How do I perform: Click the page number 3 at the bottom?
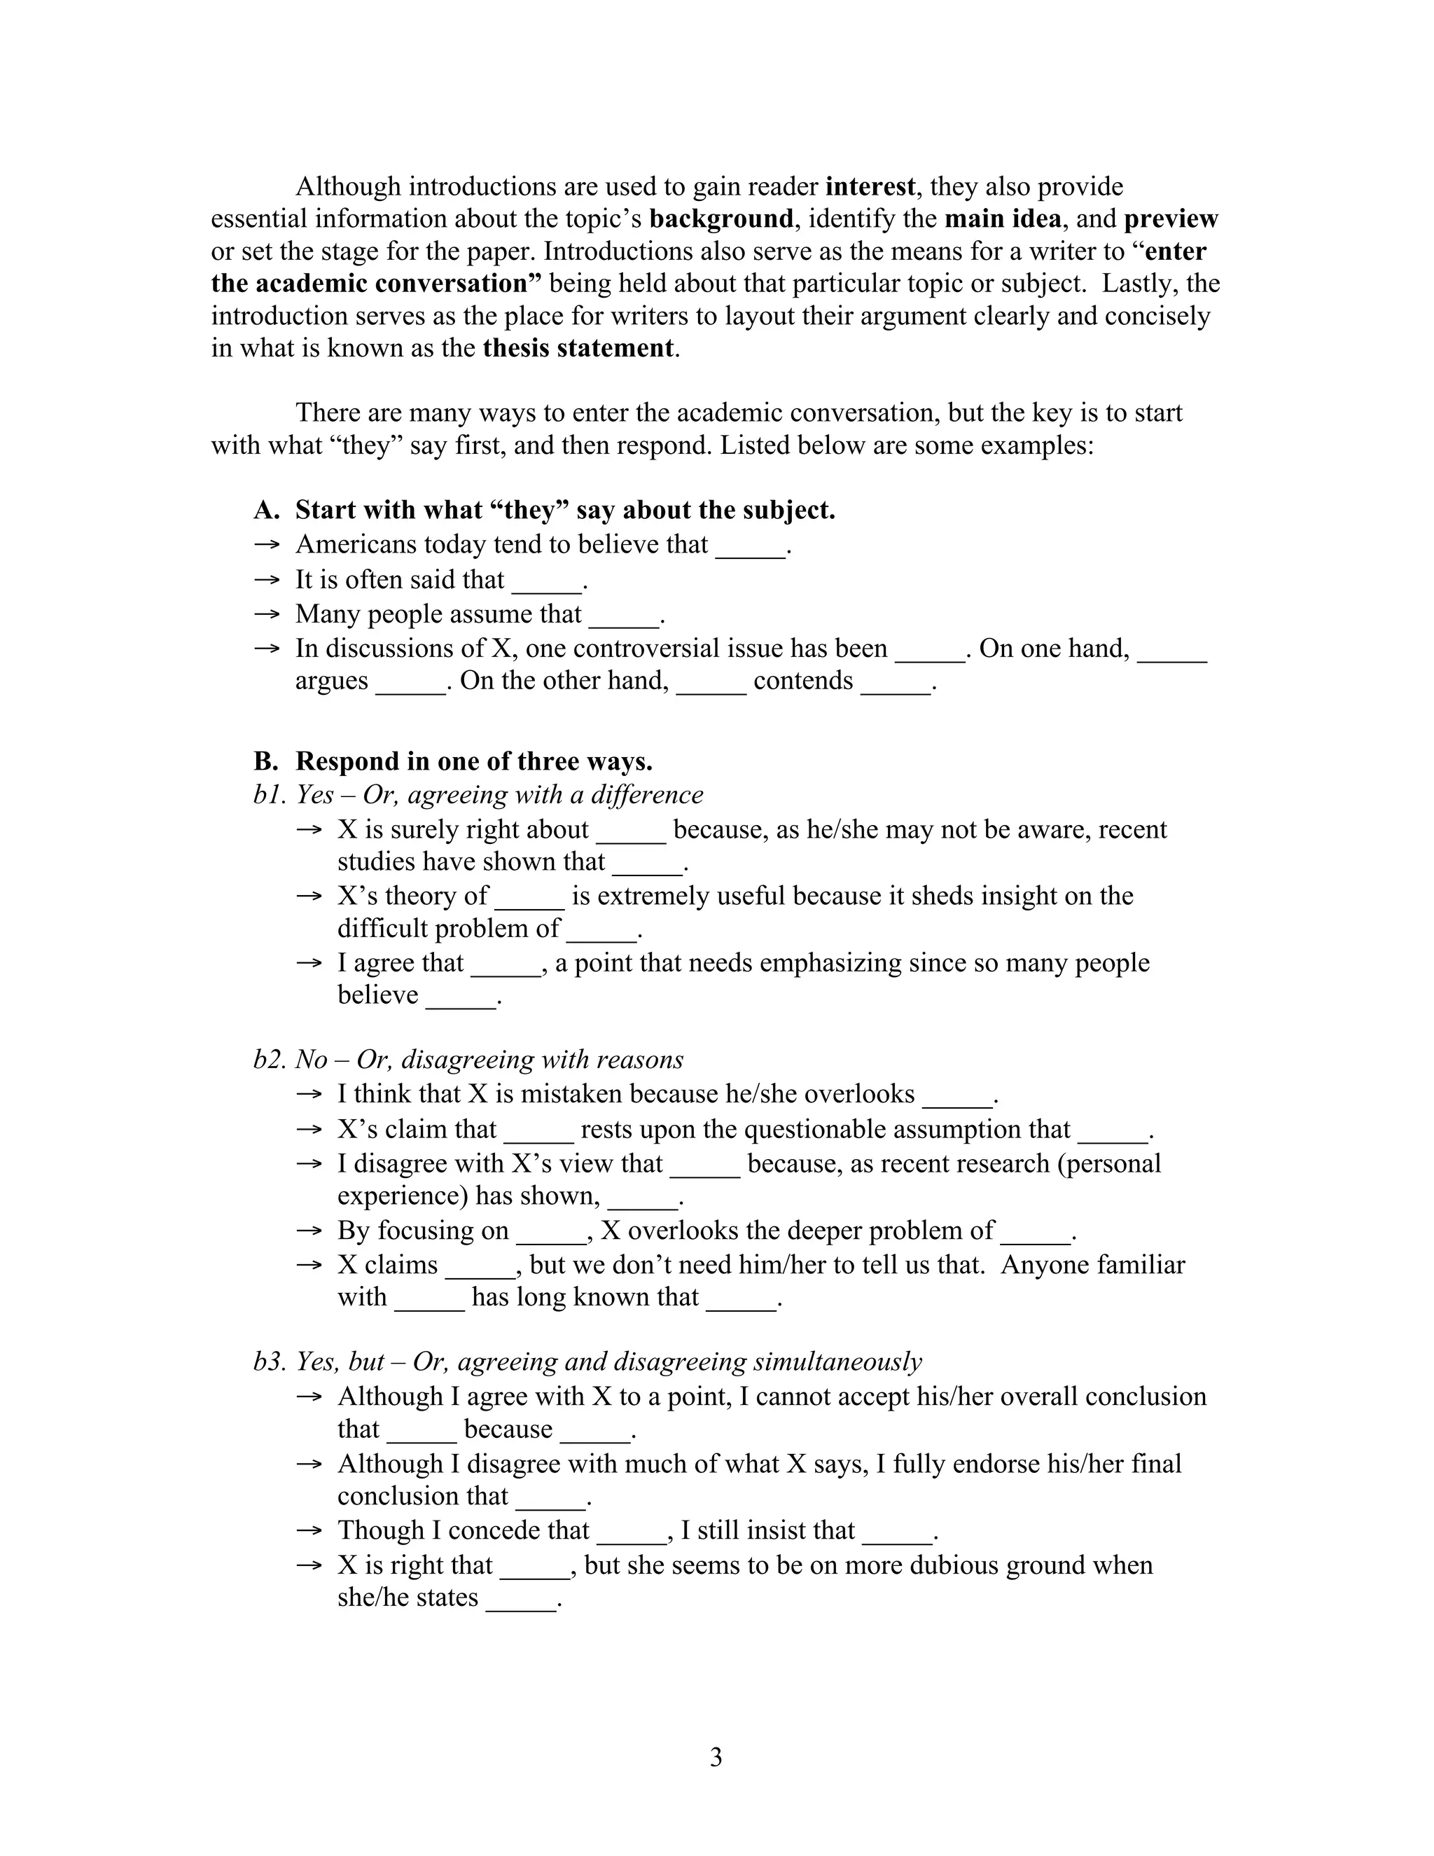[716, 1757]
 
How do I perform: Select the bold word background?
[721, 219]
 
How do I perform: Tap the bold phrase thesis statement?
[578, 348]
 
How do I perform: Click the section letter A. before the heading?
[266, 510]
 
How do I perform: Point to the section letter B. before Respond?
[266, 761]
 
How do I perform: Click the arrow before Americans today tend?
[267, 545]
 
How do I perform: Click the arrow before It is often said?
[267, 580]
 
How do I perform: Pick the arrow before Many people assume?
[267, 614]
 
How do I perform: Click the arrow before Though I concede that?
[309, 1530]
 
